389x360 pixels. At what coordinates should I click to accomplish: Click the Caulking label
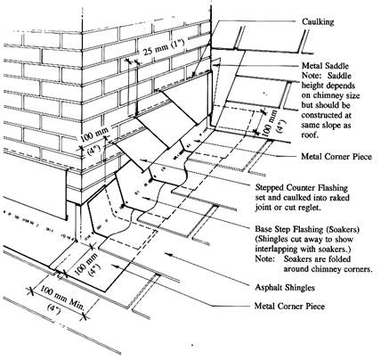coord(318,22)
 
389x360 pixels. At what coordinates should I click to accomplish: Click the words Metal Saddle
coord(325,66)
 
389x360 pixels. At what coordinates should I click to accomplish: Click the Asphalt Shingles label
coord(285,287)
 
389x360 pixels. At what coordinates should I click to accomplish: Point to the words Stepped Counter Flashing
coord(301,188)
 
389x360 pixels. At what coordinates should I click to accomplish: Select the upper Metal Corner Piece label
coord(336,156)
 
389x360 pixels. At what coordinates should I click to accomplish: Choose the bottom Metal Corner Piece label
coord(289,306)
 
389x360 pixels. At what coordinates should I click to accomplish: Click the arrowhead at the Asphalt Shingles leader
coord(168,254)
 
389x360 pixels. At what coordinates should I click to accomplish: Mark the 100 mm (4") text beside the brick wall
coord(94,143)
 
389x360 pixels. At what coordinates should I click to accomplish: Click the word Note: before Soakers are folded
coord(264,258)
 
